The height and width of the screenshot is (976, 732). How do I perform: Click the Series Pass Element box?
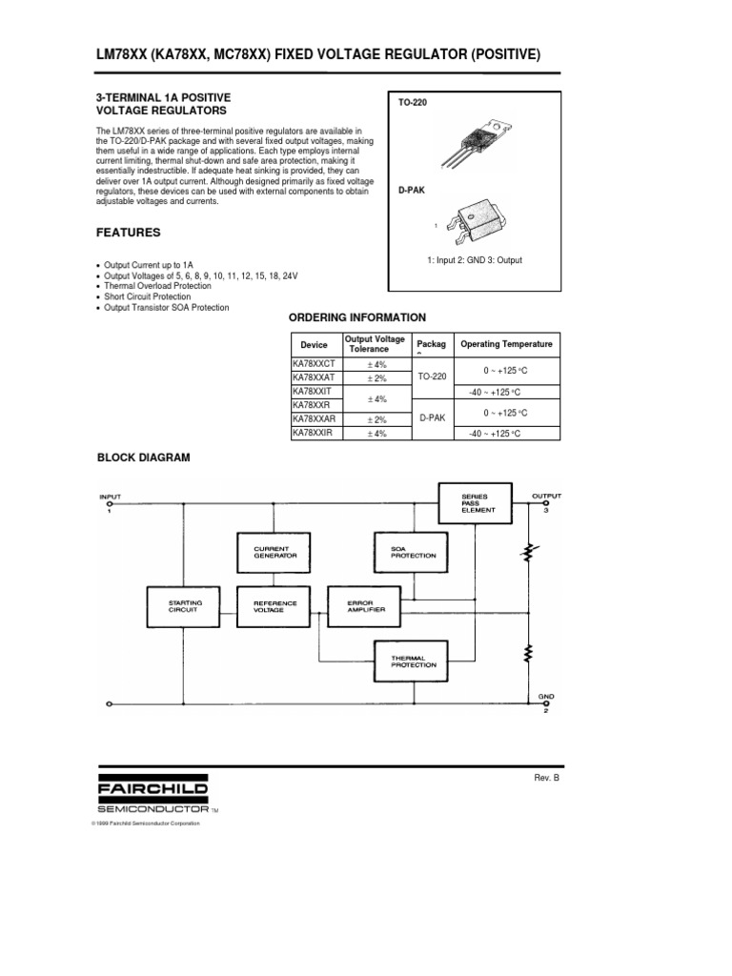[477, 502]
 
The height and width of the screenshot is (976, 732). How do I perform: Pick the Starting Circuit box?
[184, 607]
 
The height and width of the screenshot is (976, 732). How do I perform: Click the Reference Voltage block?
[275, 607]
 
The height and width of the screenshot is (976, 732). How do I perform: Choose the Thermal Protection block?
[413, 660]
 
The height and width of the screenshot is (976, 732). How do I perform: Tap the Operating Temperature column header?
[506, 344]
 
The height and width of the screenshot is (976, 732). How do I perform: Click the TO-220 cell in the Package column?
[432, 377]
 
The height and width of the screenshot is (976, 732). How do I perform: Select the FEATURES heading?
[129, 233]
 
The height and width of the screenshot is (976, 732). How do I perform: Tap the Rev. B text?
[550, 778]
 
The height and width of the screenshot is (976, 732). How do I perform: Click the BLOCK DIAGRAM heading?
[144, 457]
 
